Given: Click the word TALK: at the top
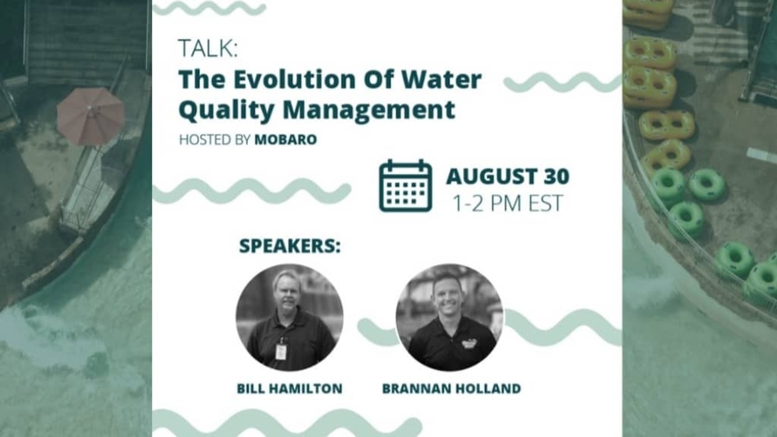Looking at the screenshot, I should click(208, 49).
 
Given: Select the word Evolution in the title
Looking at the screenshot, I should click(294, 80).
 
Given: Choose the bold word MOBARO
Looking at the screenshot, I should click(285, 140).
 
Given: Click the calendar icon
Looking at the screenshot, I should click(406, 186).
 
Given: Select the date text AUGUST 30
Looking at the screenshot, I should click(507, 177).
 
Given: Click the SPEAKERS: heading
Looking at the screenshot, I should click(290, 246).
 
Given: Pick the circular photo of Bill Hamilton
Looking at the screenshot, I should click(289, 317).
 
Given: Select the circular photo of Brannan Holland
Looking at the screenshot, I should click(449, 317).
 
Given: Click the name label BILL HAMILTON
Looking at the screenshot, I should click(290, 388).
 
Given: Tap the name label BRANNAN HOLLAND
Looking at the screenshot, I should click(451, 388).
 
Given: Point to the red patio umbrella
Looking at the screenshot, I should click(91, 115).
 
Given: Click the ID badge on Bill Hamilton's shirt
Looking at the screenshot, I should click(281, 351).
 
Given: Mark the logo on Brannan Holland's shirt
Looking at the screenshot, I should click(469, 343).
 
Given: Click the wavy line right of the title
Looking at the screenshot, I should click(562, 82).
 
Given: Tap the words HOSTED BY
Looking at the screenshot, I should click(215, 140).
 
